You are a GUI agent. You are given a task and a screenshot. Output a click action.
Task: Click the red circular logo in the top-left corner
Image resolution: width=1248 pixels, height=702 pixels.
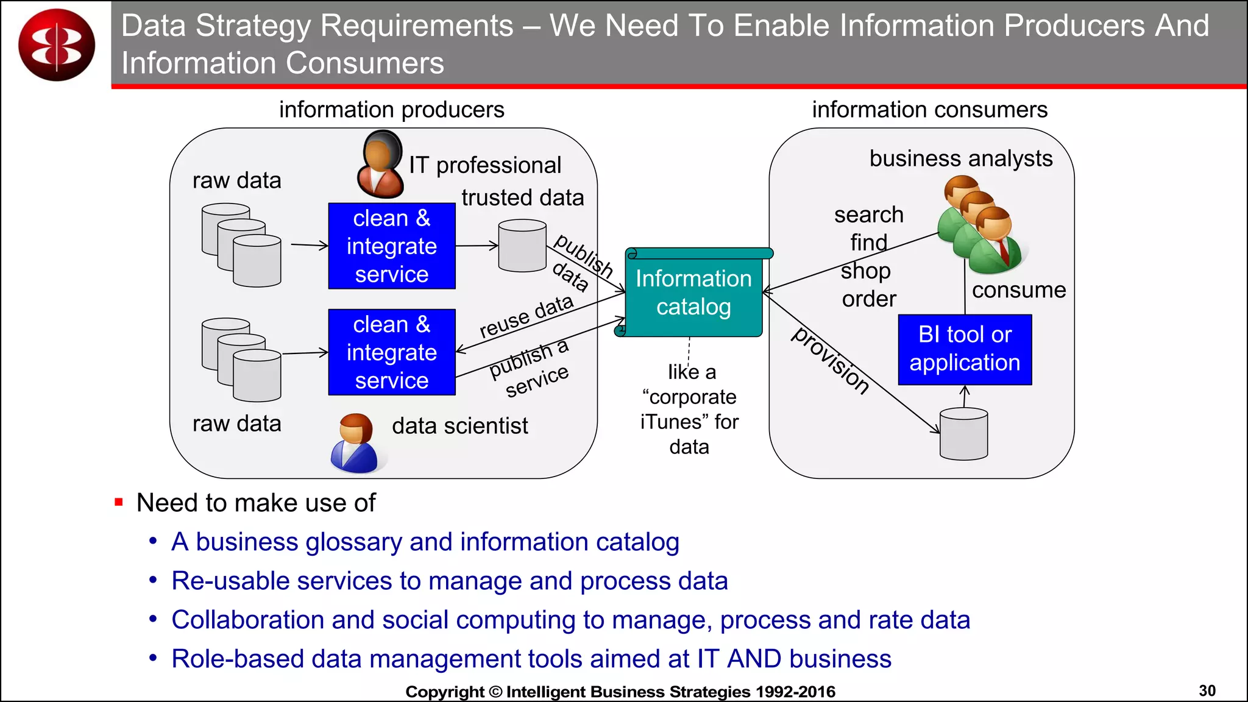[x=57, y=44]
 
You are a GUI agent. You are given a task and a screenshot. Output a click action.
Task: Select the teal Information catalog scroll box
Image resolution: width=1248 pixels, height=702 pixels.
[x=693, y=293]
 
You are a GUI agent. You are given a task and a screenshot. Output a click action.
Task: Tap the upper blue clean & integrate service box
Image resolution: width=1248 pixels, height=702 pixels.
[x=392, y=246]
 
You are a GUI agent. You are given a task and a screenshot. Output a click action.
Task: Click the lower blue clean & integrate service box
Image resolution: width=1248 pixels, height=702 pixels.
[x=392, y=352]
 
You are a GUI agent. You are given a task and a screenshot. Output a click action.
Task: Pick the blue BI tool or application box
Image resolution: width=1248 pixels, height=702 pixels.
[x=965, y=349]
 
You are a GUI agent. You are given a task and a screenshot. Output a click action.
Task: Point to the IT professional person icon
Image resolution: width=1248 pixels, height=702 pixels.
[x=381, y=165]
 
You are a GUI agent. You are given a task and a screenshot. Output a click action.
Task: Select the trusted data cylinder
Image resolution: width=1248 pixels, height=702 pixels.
[x=522, y=246]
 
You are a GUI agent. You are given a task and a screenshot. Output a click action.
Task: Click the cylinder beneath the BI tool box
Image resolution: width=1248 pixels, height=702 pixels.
[x=963, y=434]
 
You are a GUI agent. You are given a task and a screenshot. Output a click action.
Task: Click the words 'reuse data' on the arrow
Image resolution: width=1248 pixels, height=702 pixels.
[x=526, y=317]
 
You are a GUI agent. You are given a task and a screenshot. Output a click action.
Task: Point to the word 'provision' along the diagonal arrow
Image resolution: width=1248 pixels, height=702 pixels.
[x=831, y=361]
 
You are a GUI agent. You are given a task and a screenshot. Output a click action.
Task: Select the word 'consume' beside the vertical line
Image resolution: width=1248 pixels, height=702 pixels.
[x=1019, y=290]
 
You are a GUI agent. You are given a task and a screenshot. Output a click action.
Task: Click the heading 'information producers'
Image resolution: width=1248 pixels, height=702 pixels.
[x=391, y=110]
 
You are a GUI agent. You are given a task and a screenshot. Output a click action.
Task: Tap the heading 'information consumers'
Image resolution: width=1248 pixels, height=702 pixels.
[x=929, y=110]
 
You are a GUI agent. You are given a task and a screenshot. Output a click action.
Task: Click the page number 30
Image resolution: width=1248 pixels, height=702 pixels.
[x=1207, y=690]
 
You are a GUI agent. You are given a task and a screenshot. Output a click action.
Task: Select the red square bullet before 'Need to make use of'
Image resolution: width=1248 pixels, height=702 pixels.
[x=119, y=503]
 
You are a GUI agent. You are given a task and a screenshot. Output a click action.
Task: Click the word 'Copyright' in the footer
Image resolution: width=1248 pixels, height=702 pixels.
[x=444, y=692]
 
